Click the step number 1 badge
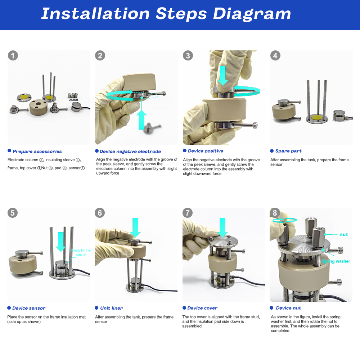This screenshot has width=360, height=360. point(13,55)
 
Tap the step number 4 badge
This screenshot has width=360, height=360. point(275,55)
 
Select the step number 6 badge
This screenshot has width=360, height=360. point(100,213)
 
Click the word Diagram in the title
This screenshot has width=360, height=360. point(252,14)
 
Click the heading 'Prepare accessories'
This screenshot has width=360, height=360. point(37,152)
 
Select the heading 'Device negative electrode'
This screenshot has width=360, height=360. point(130,152)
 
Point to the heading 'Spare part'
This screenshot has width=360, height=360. point(288,151)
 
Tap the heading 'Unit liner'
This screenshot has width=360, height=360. point(111,308)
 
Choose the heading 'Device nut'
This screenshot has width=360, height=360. point(288,308)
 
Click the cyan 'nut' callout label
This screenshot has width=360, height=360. point(343,234)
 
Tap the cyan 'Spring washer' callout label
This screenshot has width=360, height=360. point(336,261)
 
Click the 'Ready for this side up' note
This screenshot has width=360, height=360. point(81,253)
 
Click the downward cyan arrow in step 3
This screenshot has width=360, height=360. point(223,76)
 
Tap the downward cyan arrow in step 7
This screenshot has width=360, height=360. point(222,227)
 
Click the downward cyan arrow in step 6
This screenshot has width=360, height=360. point(135,227)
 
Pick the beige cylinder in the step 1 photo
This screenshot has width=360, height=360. point(39,107)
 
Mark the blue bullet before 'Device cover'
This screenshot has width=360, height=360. point(184,308)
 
